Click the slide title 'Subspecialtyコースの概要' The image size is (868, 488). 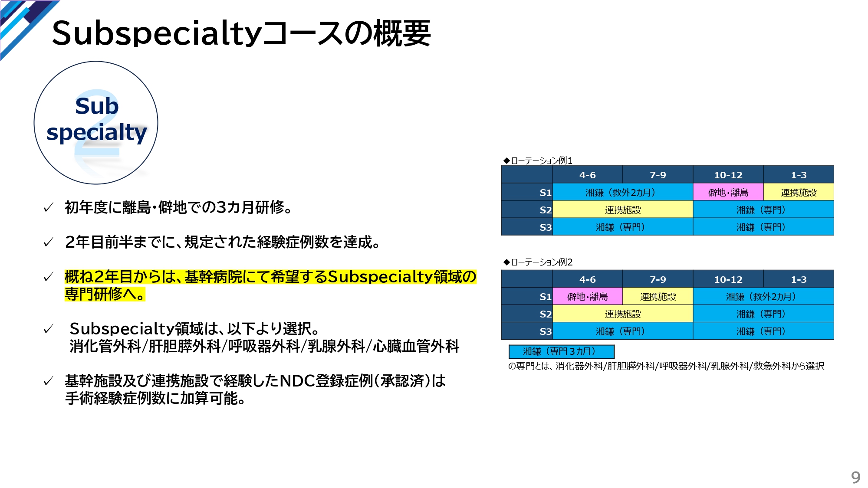tap(241, 33)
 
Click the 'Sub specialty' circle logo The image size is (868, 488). tap(96, 123)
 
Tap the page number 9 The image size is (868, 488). tap(855, 477)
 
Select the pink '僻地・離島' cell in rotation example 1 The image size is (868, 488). tap(728, 192)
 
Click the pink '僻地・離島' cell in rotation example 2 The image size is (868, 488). tap(588, 296)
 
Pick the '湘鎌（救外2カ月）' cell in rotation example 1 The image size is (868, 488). tap(623, 192)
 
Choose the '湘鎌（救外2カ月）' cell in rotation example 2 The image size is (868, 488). tap(763, 296)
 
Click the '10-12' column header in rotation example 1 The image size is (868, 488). tap(728, 175)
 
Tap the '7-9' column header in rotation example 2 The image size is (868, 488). tap(658, 279)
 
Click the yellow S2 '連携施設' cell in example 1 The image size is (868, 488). tap(623, 210)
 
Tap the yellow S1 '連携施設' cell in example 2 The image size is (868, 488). tap(658, 296)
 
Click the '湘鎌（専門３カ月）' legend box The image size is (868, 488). tap(562, 351)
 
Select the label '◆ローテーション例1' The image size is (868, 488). tap(538, 160)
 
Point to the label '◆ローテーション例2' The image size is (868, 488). tap(538, 262)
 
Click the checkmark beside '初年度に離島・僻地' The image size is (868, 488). tap(49, 207)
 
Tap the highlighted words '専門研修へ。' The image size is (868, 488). tap(105, 294)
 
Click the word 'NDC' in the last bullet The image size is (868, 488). tap(297, 381)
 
